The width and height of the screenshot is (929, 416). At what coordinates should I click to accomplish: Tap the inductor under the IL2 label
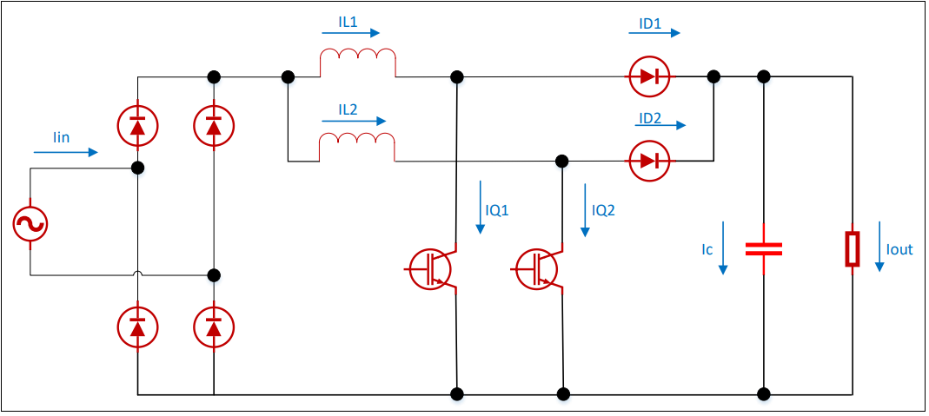tap(357, 149)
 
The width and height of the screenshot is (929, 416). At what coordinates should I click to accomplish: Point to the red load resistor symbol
tap(853, 249)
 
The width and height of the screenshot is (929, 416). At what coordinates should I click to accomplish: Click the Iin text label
tap(61, 137)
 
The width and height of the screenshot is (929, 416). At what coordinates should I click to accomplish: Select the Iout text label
tap(899, 249)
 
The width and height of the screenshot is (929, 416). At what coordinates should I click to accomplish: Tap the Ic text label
tap(707, 249)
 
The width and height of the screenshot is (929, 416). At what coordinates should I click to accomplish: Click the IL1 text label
tap(348, 22)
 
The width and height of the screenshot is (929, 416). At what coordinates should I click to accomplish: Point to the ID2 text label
tap(650, 117)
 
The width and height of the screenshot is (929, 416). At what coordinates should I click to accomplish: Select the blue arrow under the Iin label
tap(66, 153)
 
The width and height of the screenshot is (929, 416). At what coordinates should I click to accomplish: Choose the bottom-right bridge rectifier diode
tap(214, 327)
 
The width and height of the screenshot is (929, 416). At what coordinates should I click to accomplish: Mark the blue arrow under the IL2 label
tap(358, 122)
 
